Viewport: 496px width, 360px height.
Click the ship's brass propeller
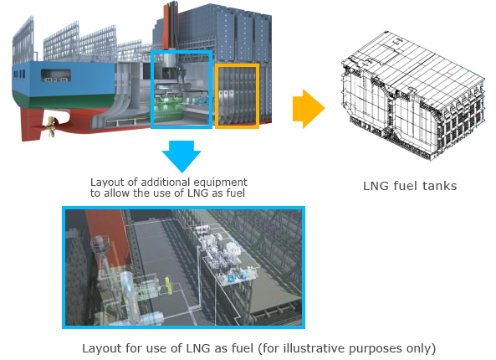tap(51, 126)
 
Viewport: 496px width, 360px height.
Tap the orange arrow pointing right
tap(309, 109)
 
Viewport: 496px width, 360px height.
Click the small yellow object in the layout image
tap(169, 285)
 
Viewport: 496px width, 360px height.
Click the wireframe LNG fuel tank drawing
tap(412, 95)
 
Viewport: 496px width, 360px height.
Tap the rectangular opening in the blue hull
tap(56, 75)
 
